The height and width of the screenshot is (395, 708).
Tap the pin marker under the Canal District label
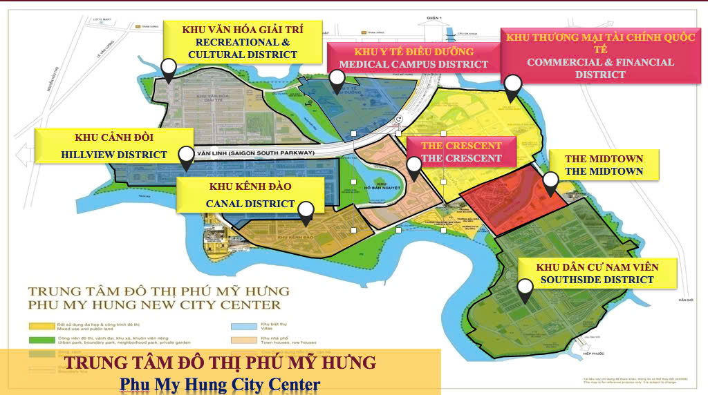coord(306,212)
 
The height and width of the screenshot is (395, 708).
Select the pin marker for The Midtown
coord(550,182)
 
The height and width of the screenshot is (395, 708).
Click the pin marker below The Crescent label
coord(413,167)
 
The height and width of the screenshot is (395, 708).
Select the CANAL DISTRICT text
coord(250,204)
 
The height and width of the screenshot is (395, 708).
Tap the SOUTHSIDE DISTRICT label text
coord(597,280)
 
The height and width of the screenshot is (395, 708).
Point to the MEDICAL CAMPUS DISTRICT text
coord(414,64)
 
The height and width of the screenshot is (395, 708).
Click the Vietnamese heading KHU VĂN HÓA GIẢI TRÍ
coord(243,30)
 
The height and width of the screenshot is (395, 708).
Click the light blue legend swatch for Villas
coord(236,325)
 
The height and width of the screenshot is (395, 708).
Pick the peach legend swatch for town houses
coord(236,339)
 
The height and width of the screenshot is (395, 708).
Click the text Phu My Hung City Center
coord(220,383)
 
